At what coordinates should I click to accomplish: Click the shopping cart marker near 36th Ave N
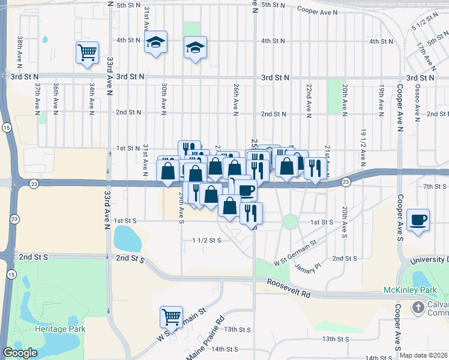(87, 53)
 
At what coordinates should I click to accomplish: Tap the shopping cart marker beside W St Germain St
(171, 317)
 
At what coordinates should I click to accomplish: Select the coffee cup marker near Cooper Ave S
(418, 220)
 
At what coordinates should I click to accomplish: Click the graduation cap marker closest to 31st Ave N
(156, 42)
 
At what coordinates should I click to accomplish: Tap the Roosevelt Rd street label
(289, 289)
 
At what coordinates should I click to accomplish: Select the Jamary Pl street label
(309, 268)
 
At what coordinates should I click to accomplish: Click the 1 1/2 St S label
(207, 240)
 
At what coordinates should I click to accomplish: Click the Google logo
(20, 353)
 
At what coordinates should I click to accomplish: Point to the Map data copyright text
(424, 355)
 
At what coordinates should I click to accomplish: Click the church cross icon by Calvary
(418, 307)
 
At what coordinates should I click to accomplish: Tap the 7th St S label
(435, 187)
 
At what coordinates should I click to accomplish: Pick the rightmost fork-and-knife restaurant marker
(315, 168)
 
